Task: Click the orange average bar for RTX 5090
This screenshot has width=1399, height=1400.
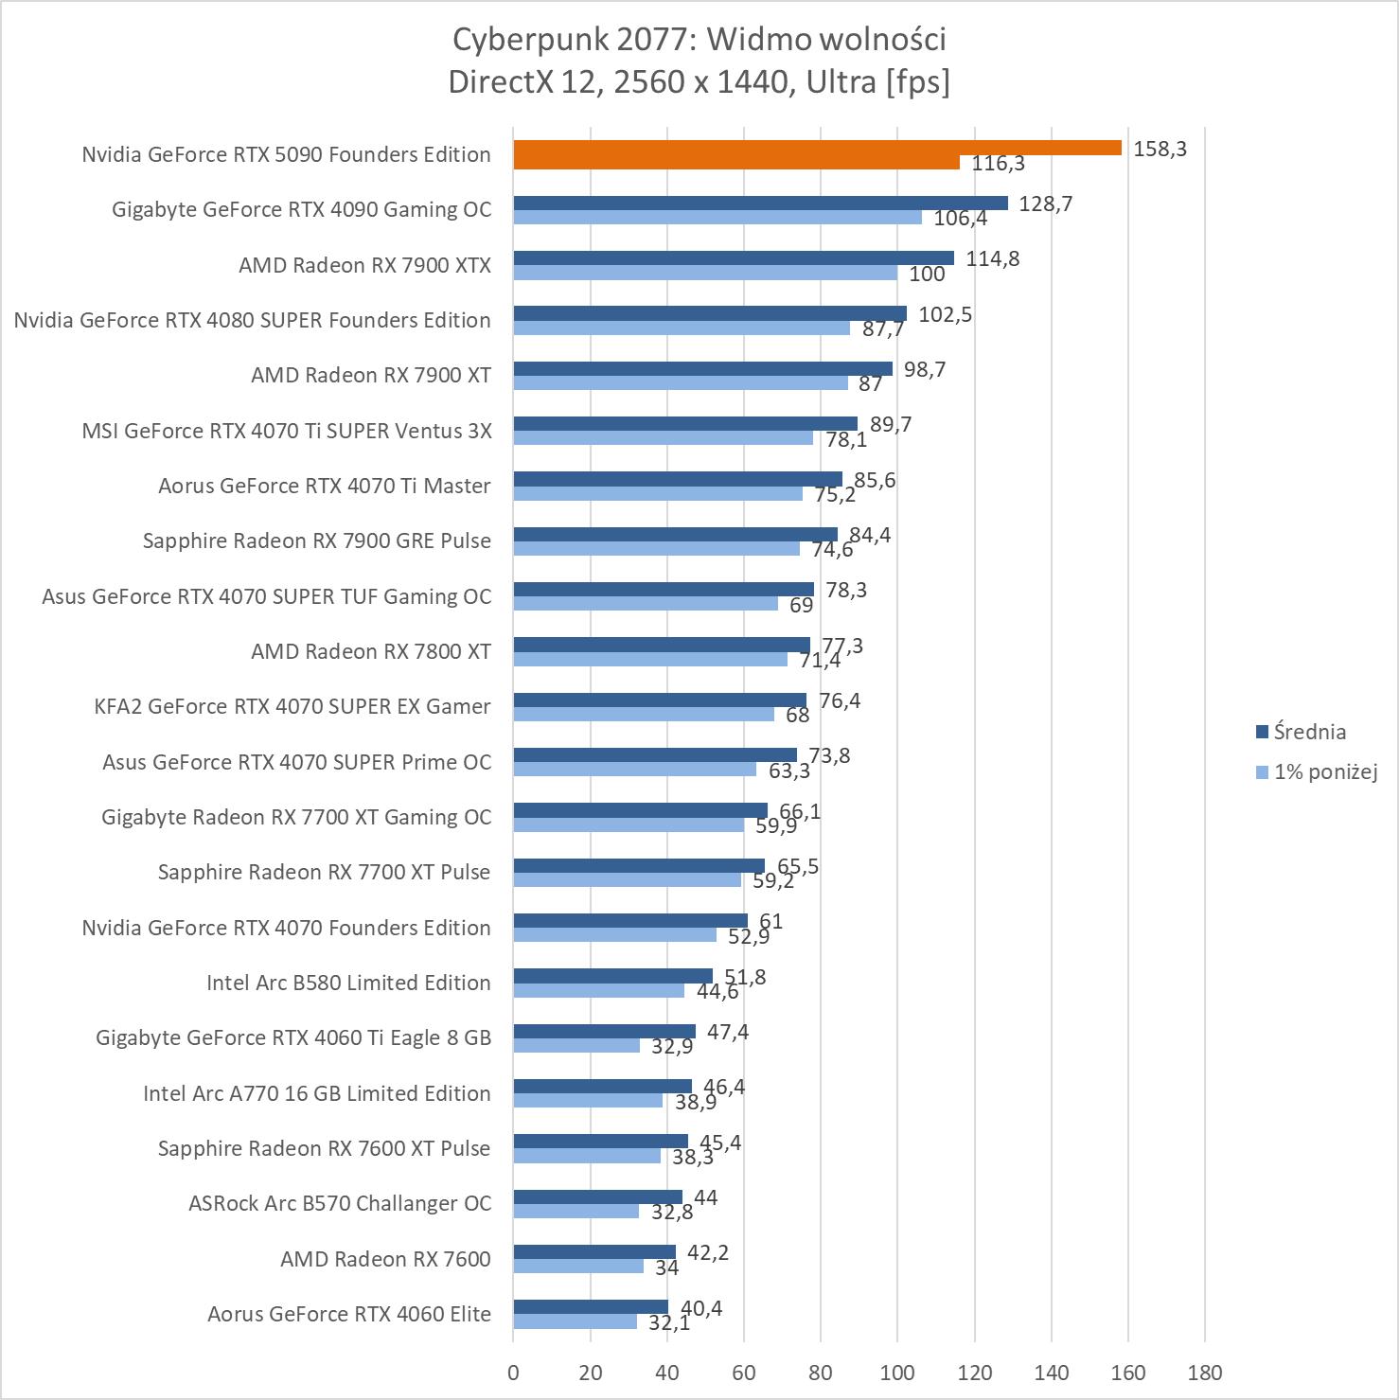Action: pyautogui.click(x=816, y=148)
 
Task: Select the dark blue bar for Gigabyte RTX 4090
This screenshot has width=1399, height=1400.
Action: pyautogui.click(x=760, y=203)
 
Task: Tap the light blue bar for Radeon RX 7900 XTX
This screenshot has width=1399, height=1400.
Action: pyautogui.click(x=705, y=273)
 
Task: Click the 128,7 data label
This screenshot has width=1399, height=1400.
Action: pyautogui.click(x=1045, y=204)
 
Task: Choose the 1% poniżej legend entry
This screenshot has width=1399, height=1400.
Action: pyautogui.click(x=1316, y=771)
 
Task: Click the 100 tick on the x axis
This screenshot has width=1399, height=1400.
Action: pyautogui.click(x=897, y=1372)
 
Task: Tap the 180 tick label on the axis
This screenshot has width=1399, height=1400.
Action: pyautogui.click(x=1204, y=1372)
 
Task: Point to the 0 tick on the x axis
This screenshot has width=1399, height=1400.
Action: pyautogui.click(x=513, y=1372)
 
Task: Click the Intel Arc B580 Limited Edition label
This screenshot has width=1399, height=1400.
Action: pyautogui.click(x=348, y=983)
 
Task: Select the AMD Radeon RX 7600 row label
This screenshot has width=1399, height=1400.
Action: pyautogui.click(x=385, y=1259)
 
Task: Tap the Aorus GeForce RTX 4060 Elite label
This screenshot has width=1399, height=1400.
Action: pyautogui.click(x=348, y=1314)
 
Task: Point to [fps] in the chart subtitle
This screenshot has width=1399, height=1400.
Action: pyautogui.click(x=917, y=82)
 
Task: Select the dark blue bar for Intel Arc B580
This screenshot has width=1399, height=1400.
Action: pyautogui.click(x=612, y=976)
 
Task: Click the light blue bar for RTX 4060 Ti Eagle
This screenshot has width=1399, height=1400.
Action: pyautogui.click(x=576, y=1045)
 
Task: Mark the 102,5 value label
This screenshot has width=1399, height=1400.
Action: pyautogui.click(x=945, y=314)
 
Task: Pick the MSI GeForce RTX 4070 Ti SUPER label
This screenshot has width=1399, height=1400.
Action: pyautogui.click(x=287, y=431)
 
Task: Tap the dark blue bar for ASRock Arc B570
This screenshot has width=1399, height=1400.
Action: pyautogui.click(x=597, y=1196)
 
